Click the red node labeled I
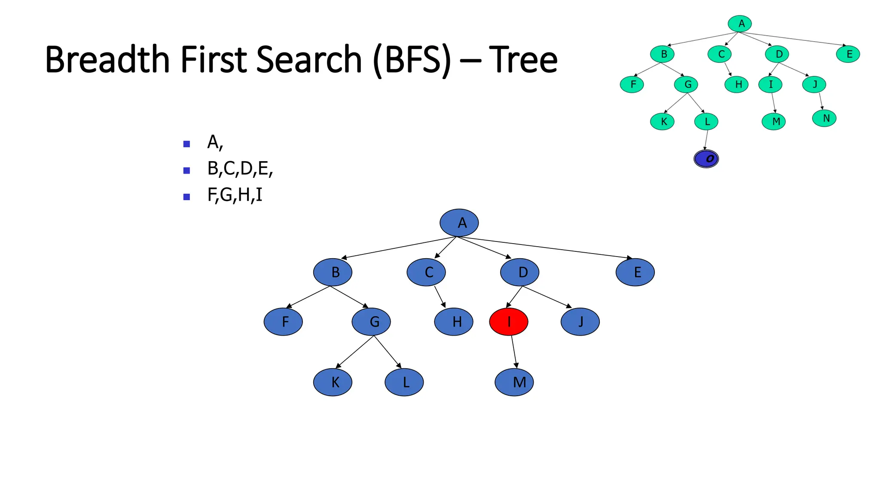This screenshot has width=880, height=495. pos(509,321)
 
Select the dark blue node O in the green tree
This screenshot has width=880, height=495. pos(706,159)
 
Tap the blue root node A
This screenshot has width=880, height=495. pos(459,223)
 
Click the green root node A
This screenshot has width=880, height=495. pos(740,24)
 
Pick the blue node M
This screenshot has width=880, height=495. pos(514,382)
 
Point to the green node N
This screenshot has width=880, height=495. pos(824,118)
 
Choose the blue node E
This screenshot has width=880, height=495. pos(635,272)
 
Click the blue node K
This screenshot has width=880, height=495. pos(333,382)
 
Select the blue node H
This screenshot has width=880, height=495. pos(454,321)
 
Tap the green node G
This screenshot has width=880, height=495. pos(686,85)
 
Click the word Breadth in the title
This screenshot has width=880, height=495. pos(107,60)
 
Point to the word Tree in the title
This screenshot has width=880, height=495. pos(523,60)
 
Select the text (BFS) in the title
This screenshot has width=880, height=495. pos(412,60)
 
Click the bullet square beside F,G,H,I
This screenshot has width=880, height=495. pos(186,197)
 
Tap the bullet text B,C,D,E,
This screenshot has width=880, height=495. pos(240,168)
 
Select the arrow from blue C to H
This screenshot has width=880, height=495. pos(440,296)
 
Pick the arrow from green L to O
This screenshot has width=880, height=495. pos(706,140)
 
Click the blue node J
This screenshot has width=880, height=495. pos(580,321)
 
